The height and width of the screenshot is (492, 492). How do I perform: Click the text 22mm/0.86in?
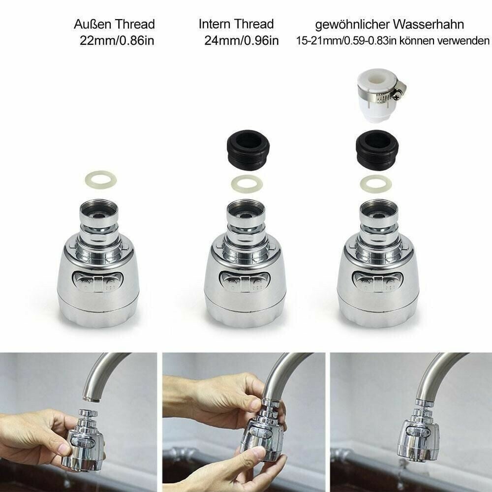117,40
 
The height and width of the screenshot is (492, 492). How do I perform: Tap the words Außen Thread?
114,24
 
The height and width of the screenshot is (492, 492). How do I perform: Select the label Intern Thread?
236,24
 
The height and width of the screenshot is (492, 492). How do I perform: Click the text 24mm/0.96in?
241,40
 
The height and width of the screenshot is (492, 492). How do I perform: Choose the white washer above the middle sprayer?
246,184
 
